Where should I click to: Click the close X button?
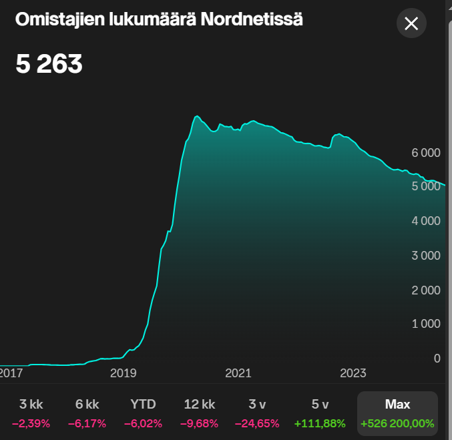[x=411, y=24]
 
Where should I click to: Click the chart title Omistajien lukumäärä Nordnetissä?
[x=159, y=20]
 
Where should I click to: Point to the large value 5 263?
[x=49, y=64]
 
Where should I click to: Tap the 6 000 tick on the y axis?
[x=425, y=153]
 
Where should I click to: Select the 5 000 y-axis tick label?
[x=425, y=187]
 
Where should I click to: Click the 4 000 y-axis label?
[x=425, y=222]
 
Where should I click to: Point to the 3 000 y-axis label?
[x=425, y=256]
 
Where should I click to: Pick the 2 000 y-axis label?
[x=425, y=290]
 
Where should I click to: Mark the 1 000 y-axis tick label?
[x=425, y=324]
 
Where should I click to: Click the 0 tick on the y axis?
[x=437, y=359]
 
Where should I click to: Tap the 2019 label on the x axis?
[x=124, y=373]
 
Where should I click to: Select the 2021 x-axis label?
[x=238, y=373]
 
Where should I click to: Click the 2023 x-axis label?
[x=353, y=373]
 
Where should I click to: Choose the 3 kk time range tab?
[x=31, y=413]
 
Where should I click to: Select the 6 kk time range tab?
[x=87, y=413]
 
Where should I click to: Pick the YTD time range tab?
[x=143, y=413]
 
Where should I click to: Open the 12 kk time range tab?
[x=199, y=413]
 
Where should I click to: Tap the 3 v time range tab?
[x=255, y=413]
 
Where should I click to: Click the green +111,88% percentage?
[x=319, y=423]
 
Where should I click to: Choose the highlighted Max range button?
[x=397, y=413]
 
